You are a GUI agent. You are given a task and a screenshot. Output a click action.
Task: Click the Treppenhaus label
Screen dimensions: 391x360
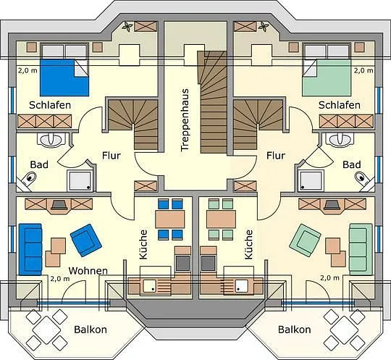185,120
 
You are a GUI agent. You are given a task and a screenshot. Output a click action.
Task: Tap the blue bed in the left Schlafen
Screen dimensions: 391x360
64,78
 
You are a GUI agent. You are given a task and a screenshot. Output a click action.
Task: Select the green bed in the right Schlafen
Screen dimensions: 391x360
327,78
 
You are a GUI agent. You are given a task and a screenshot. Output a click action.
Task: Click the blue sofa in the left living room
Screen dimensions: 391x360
30,249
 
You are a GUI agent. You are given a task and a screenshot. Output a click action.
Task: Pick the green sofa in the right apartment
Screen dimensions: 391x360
361,249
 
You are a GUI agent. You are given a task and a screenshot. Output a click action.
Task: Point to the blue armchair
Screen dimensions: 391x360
86,240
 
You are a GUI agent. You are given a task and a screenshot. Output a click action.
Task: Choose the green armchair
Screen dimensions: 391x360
305,240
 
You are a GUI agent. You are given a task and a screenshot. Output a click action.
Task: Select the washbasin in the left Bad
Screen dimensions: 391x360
51,140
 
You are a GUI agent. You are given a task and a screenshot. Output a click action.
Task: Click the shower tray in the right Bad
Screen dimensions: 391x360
311,180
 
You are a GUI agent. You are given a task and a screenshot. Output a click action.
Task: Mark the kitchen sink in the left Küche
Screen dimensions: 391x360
150,285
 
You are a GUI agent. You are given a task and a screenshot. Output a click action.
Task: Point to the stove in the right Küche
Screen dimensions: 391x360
209,263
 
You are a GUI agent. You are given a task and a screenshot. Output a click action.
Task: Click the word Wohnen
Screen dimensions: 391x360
88,271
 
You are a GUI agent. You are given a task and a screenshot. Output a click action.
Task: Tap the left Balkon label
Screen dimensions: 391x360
91,330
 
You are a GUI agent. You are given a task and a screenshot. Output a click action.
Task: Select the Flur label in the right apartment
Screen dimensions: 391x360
276,156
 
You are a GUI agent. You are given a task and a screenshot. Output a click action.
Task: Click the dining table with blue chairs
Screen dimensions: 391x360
170,219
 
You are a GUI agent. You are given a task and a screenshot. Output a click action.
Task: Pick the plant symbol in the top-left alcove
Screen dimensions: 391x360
127,27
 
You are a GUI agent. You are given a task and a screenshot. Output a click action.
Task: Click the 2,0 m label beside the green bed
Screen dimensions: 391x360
363,70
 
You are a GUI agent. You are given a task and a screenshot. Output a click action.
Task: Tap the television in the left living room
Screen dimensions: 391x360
59,205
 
